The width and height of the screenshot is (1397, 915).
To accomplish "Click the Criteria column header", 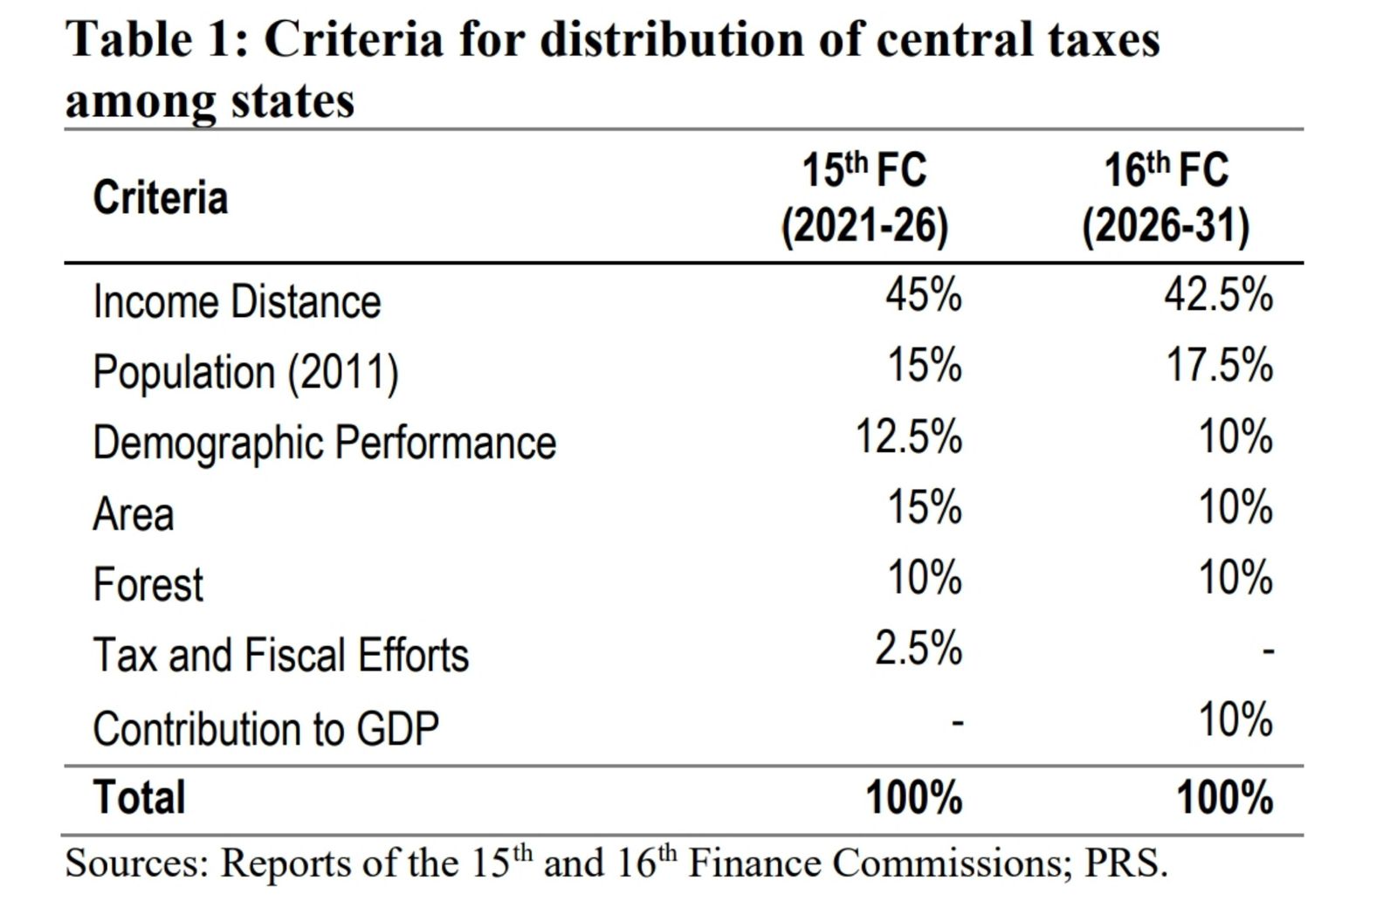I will [x=161, y=197].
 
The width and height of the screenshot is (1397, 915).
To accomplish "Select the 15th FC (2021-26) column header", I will [x=864, y=198].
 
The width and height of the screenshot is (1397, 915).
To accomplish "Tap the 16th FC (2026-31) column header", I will [x=1166, y=198].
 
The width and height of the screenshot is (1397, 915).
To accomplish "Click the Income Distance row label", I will [x=237, y=302].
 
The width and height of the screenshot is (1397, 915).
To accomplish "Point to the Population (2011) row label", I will [x=245, y=373].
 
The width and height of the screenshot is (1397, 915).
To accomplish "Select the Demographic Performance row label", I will [x=324, y=443].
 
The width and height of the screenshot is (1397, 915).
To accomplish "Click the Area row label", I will [x=134, y=513].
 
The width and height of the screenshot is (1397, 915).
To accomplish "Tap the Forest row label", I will [x=148, y=584].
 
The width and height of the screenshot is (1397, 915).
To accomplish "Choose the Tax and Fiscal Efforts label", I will [x=280, y=655].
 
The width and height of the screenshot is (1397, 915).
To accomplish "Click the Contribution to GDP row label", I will [x=265, y=728].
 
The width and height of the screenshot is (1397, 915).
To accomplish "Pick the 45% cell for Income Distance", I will [x=923, y=295].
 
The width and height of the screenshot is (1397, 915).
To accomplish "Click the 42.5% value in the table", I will [x=1217, y=295].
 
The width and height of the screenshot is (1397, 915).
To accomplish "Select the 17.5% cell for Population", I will [x=1219, y=365].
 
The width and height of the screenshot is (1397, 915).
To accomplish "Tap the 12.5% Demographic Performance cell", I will [x=908, y=437].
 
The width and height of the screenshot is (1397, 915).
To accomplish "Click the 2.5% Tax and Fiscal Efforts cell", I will [x=918, y=649].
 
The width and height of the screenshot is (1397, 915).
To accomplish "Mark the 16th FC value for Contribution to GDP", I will [x=1235, y=720].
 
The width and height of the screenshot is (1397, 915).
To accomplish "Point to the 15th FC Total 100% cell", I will [x=913, y=797].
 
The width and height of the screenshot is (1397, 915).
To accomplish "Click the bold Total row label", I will [x=139, y=797].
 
